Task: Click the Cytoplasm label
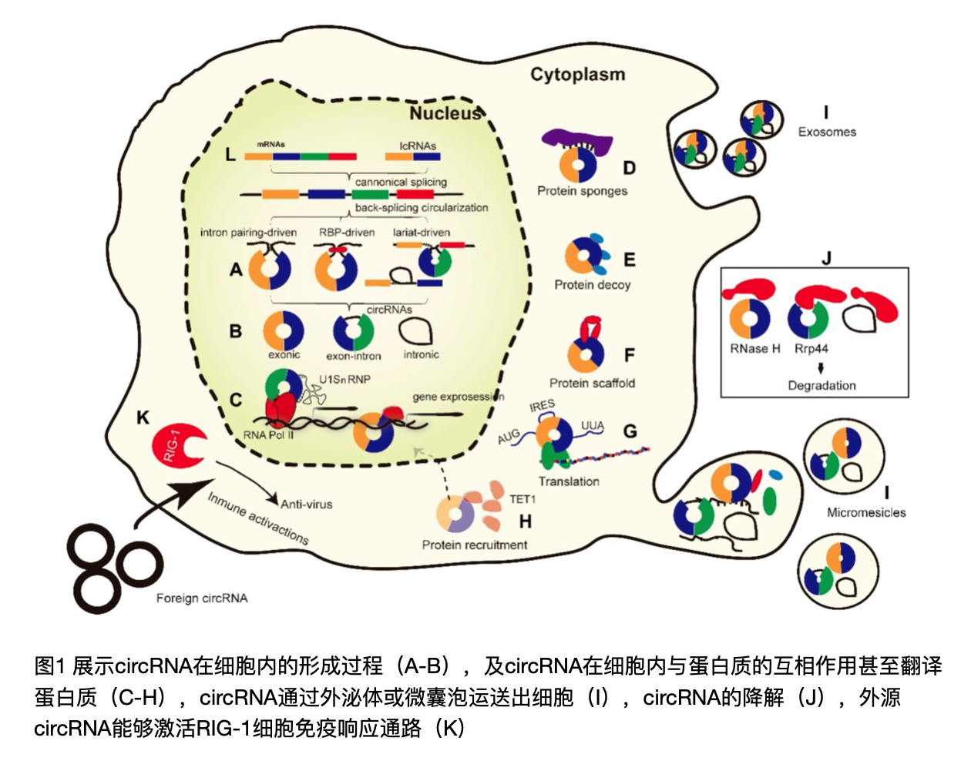tap(577, 75)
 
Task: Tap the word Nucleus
tap(445, 113)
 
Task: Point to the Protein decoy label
tap(592, 285)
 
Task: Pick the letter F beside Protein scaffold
tap(630, 355)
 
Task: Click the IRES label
tap(542, 405)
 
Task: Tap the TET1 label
tap(522, 499)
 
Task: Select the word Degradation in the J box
tap(821, 385)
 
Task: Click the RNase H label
tap(755, 349)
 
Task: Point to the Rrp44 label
tap(811, 349)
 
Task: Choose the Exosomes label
tap(827, 132)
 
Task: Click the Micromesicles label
tap(866, 512)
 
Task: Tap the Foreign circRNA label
tap(202, 598)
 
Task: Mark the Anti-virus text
tap(307, 505)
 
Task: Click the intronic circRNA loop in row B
tap(416, 331)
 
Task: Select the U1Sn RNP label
tap(345, 379)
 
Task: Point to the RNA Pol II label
tap(268, 435)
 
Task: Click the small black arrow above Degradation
tap(821, 368)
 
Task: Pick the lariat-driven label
tap(422, 232)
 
